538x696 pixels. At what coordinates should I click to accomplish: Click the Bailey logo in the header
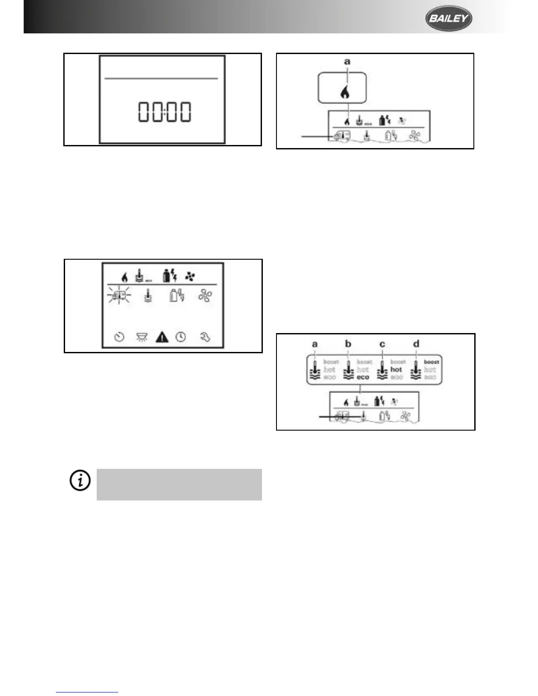click(448, 18)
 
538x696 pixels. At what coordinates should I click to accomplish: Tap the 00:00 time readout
click(164, 112)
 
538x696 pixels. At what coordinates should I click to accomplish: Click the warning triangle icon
click(162, 337)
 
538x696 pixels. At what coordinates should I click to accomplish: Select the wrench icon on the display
click(205, 337)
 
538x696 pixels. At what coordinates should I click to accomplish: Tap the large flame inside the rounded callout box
click(345, 92)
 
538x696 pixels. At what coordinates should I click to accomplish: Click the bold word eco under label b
click(363, 377)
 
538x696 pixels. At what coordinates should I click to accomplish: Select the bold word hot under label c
click(396, 370)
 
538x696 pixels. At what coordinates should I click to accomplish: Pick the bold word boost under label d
click(431, 362)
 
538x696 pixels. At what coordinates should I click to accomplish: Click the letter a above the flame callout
click(347, 62)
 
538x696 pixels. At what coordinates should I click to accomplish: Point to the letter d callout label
click(416, 344)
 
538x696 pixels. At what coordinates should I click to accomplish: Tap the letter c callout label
click(382, 344)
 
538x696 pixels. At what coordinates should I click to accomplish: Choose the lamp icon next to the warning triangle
click(142, 337)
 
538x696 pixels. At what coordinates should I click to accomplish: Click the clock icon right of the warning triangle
click(181, 337)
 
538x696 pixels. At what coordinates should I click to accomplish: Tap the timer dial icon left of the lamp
click(120, 337)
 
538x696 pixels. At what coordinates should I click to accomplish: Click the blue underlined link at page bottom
click(87, 692)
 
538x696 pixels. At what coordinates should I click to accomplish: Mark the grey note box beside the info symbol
click(179, 484)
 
